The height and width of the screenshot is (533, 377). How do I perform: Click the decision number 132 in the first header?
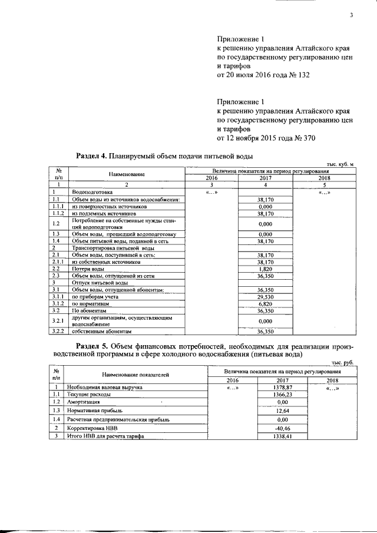(303, 75)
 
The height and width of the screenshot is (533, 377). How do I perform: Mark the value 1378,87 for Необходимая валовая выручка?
(267, 388)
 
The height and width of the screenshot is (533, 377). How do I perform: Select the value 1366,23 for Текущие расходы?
(267, 394)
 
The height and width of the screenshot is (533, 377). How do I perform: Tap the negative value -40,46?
(267, 428)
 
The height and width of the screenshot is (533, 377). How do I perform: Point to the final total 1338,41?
(267, 436)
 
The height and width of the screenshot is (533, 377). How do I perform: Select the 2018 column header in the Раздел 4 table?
(324, 178)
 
